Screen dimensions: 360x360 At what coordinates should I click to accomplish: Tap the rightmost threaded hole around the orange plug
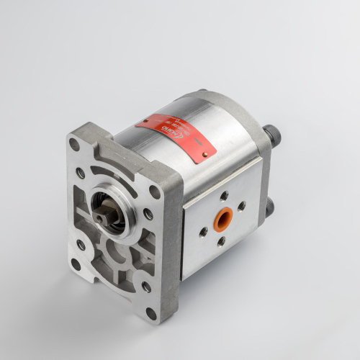(242, 206)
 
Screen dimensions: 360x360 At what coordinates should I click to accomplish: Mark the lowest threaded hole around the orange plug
(221, 242)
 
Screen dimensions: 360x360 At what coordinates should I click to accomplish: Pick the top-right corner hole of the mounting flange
(154, 192)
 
